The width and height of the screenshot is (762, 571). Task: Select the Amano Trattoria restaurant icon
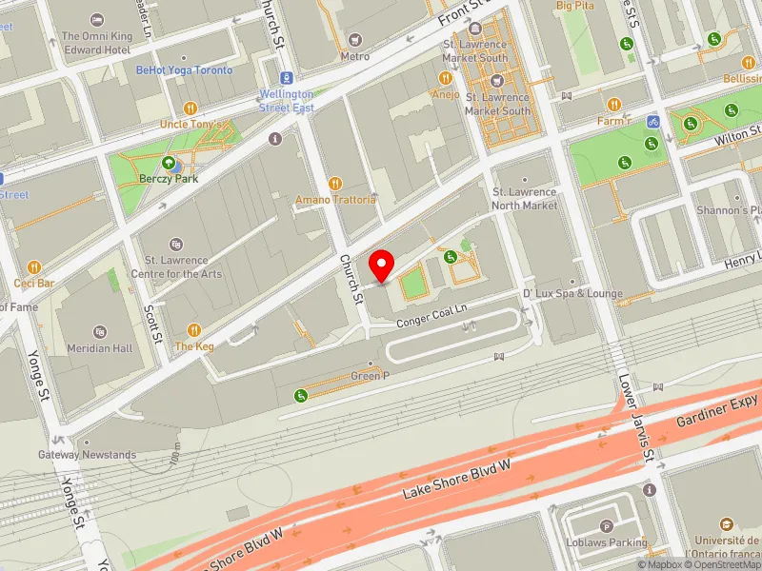(x=334, y=183)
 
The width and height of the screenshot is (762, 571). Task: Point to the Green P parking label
(x=371, y=376)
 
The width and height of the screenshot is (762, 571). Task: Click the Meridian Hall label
(x=100, y=348)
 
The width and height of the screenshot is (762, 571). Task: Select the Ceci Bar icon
(x=35, y=266)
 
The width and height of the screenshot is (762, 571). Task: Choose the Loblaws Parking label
(x=610, y=542)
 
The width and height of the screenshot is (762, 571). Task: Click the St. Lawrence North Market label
(x=524, y=199)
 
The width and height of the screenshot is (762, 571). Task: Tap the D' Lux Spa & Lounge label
(x=572, y=294)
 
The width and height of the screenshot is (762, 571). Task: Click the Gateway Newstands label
(x=100, y=455)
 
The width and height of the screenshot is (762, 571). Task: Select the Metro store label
(x=354, y=56)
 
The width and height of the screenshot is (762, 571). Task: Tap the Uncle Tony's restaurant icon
(x=190, y=108)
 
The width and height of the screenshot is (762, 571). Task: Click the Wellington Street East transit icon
(x=287, y=78)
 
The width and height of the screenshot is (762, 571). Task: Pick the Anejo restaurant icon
(x=445, y=78)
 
